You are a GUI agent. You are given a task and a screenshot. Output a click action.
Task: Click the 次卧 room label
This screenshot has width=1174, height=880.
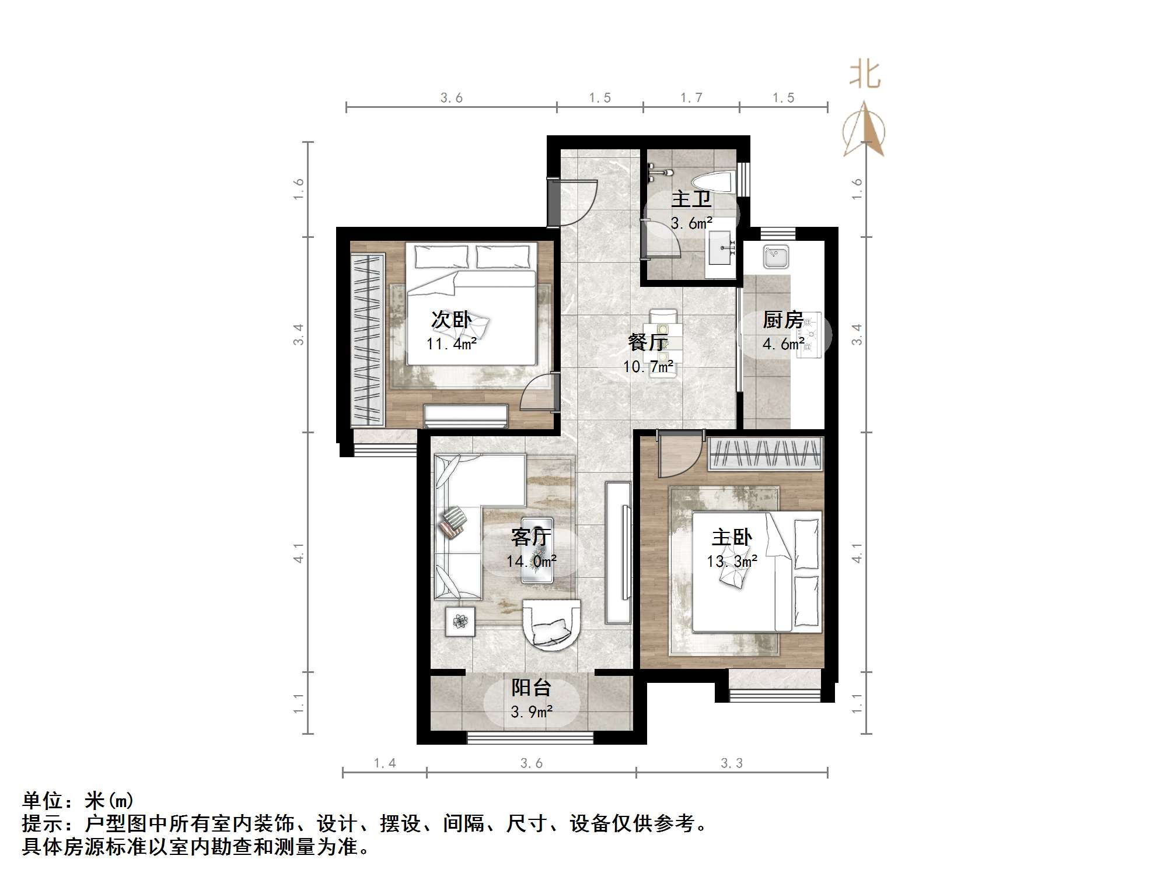pos(451,320)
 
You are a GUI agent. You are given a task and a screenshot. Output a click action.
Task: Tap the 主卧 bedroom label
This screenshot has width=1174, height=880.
pos(732,538)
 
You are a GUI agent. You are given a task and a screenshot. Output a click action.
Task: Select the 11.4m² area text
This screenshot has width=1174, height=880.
pos(451,344)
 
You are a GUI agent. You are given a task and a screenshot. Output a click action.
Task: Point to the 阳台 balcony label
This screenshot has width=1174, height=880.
pos(531,688)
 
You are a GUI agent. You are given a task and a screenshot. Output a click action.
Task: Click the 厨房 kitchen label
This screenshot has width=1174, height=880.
pos(782,320)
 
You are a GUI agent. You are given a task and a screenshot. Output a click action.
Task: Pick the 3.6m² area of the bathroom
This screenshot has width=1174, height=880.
pos(691,223)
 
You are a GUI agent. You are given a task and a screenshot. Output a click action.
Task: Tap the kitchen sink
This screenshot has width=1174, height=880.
pos(776,257)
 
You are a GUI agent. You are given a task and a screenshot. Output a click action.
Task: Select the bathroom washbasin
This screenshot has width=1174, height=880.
pos(722,248)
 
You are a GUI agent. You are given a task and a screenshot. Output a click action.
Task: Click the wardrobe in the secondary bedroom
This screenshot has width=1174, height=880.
pos(368,340)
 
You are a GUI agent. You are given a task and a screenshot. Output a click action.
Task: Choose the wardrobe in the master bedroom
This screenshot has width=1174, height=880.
pos(764,454)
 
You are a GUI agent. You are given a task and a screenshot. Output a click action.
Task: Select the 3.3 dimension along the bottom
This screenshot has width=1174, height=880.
pos(732,763)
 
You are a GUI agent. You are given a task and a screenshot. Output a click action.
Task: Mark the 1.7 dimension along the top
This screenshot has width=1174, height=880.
pos(691,98)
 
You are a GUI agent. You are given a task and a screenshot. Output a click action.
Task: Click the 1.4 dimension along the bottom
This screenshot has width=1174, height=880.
pos(385,763)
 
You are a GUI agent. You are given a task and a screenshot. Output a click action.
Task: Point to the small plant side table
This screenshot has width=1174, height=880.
pos(460,622)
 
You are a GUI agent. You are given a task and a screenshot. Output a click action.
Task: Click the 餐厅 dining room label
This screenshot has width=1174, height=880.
pos(648,342)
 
